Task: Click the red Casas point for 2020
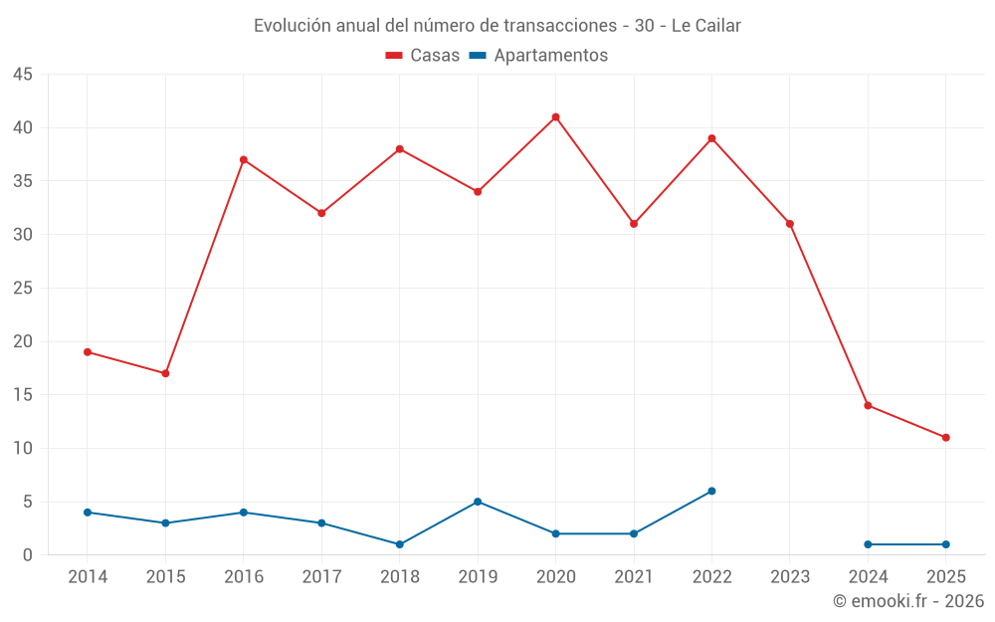tap(555, 117)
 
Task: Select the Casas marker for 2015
tap(165, 373)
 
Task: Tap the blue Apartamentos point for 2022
tap(711, 491)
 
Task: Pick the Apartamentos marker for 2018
tap(399, 544)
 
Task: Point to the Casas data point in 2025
tap(945, 438)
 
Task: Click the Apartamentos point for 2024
tap(868, 544)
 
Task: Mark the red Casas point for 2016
tap(243, 160)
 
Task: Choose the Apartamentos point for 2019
tap(478, 502)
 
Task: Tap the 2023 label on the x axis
tap(790, 577)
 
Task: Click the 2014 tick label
tap(88, 577)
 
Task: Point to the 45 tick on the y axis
tap(23, 75)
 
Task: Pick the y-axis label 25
tap(23, 289)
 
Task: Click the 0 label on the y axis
tap(28, 555)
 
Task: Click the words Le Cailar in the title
tap(705, 26)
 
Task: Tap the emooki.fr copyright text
tap(907, 601)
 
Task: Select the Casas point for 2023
tap(790, 224)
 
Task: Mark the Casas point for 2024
tap(868, 405)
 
